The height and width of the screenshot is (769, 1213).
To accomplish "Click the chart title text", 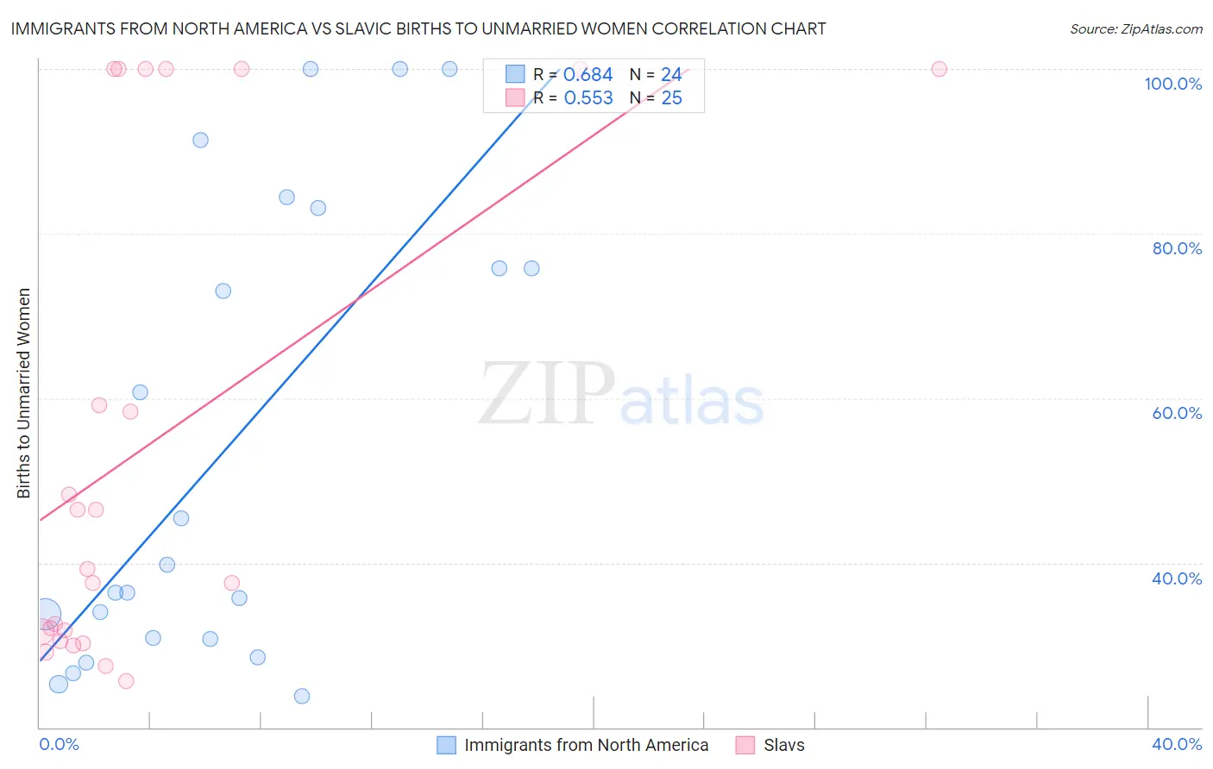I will [418, 29].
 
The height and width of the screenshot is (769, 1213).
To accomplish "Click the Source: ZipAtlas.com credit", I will [1135, 29].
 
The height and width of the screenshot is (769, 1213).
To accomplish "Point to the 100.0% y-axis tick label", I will [1172, 84].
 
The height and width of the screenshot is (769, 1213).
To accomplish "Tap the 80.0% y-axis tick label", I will [1177, 248].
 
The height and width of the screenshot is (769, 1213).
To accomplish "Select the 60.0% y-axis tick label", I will [1177, 413].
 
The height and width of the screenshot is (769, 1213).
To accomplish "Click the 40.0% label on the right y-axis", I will [1177, 578].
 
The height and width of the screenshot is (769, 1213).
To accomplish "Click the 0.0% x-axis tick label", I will [59, 744].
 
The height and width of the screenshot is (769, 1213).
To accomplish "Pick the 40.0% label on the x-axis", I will [1177, 744].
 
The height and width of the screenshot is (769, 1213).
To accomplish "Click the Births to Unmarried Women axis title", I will [24, 393].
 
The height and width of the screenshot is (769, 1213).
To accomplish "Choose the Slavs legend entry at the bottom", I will [783, 745].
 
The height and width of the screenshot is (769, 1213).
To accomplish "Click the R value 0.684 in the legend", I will [588, 75].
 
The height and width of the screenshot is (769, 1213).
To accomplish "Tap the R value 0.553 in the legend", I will [588, 98].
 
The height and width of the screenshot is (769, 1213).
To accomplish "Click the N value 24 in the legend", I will [671, 75].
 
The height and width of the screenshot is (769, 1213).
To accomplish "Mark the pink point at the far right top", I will [939, 69].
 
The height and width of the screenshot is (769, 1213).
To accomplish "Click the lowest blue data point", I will [302, 696].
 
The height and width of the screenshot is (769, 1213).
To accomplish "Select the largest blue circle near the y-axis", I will [47, 615].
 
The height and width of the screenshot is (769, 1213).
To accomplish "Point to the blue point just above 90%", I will [200, 140].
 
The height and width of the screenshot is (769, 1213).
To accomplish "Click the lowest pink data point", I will [126, 681].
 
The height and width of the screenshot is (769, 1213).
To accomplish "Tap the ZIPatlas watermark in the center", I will [621, 395].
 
